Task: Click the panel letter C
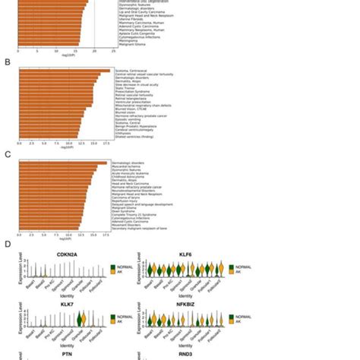tap(8, 154)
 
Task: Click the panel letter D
tap(8, 245)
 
